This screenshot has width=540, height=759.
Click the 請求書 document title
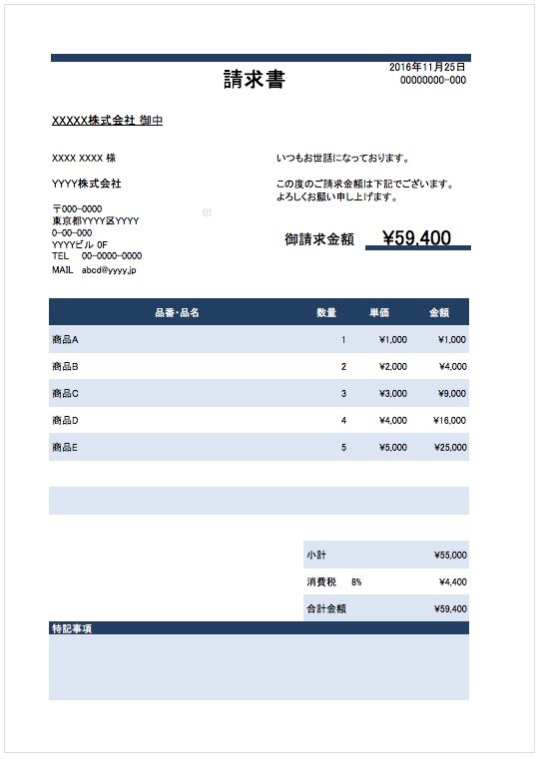pyautogui.click(x=255, y=80)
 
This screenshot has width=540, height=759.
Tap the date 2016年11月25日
pyautogui.click(x=427, y=68)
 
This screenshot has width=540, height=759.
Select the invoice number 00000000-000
pyautogui.click(x=433, y=81)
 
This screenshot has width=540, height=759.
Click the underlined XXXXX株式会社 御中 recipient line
pyautogui.click(x=107, y=121)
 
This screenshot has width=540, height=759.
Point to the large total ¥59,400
pyautogui.click(x=416, y=238)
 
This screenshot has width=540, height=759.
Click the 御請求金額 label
pyautogui.click(x=319, y=239)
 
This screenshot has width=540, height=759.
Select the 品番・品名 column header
pyautogui.click(x=177, y=313)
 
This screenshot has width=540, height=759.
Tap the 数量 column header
pyautogui.click(x=326, y=313)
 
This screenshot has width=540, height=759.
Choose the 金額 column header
pyautogui.click(x=439, y=313)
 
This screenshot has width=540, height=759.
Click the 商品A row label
pyautogui.click(x=65, y=340)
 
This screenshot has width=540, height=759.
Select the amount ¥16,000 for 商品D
pyautogui.click(x=450, y=421)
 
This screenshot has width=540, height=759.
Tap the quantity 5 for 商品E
pyautogui.click(x=343, y=448)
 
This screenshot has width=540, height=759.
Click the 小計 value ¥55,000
pyautogui.click(x=450, y=556)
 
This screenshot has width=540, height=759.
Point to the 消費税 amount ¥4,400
pyautogui.click(x=452, y=581)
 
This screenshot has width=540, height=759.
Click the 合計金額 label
pyautogui.click(x=328, y=608)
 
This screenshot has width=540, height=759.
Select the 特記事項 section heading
pyautogui.click(x=72, y=629)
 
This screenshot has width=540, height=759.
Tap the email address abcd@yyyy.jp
pyautogui.click(x=109, y=269)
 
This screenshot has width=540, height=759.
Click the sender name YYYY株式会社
pyautogui.click(x=87, y=185)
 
